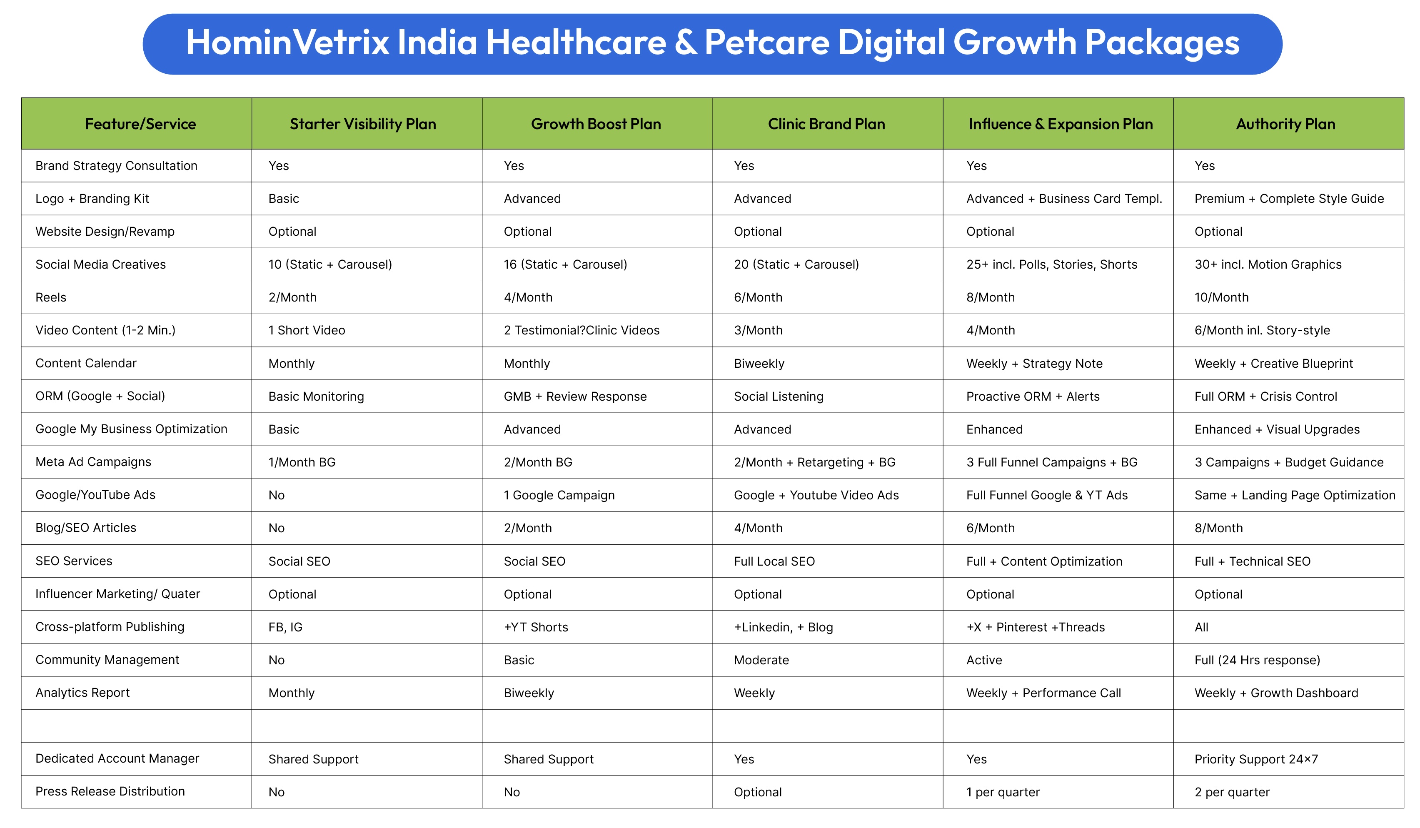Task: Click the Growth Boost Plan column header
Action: (596, 124)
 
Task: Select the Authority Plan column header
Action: (1285, 124)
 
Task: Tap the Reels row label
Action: (51, 297)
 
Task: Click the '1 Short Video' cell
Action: (307, 331)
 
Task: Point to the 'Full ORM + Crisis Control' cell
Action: (1265, 397)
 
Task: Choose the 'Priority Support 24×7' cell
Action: (1256, 759)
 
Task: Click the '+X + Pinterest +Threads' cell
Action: (1035, 628)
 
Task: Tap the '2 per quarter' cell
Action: (1232, 793)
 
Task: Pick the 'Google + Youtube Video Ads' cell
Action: (816, 496)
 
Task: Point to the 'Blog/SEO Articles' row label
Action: (86, 528)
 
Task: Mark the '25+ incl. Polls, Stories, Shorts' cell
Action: (1051, 265)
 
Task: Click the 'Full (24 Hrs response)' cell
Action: (1257, 660)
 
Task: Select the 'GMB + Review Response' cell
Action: (575, 397)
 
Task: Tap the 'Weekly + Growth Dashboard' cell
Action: (1276, 693)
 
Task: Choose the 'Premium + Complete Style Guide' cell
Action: (1289, 199)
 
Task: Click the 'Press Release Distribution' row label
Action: (110, 791)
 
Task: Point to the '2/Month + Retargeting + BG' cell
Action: (814, 462)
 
